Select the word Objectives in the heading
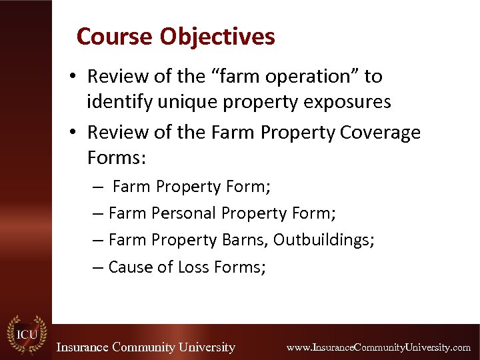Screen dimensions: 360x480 pyautogui.click(x=217, y=37)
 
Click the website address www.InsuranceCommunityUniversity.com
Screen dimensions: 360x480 pyautogui.click(x=378, y=347)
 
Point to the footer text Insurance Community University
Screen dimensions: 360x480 pyautogui.click(x=145, y=347)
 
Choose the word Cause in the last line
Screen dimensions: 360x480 pyautogui.click(x=131, y=267)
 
